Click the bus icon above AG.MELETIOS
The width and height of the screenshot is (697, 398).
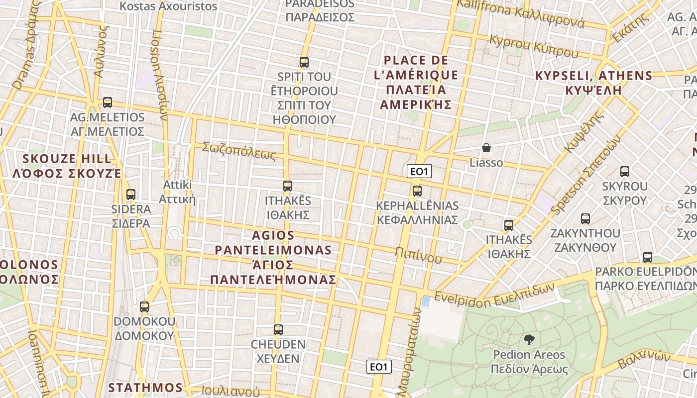(x=107, y=102)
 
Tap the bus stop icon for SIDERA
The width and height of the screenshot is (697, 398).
(x=131, y=195)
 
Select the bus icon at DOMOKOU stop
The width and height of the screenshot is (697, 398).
(x=144, y=307)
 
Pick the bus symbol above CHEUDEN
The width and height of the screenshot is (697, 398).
(x=278, y=329)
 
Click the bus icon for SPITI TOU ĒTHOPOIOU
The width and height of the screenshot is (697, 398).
(x=304, y=62)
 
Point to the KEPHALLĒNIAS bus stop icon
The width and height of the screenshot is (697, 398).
(x=417, y=191)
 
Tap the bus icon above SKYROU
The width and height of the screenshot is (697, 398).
(x=625, y=172)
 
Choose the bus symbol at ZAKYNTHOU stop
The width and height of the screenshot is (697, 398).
(x=585, y=218)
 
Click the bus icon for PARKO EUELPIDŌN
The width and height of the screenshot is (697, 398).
(x=648, y=257)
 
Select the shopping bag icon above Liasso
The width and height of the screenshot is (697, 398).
(x=486, y=148)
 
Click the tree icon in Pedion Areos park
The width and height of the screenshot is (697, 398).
(x=529, y=340)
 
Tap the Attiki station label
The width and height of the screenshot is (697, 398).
(x=178, y=192)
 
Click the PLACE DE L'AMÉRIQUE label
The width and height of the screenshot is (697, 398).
(x=416, y=83)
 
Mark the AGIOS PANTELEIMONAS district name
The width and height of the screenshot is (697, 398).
(x=273, y=257)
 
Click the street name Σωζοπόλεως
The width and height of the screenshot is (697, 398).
(x=239, y=151)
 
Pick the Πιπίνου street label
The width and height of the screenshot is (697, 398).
(x=418, y=254)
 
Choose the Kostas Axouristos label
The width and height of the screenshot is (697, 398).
(x=169, y=6)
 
